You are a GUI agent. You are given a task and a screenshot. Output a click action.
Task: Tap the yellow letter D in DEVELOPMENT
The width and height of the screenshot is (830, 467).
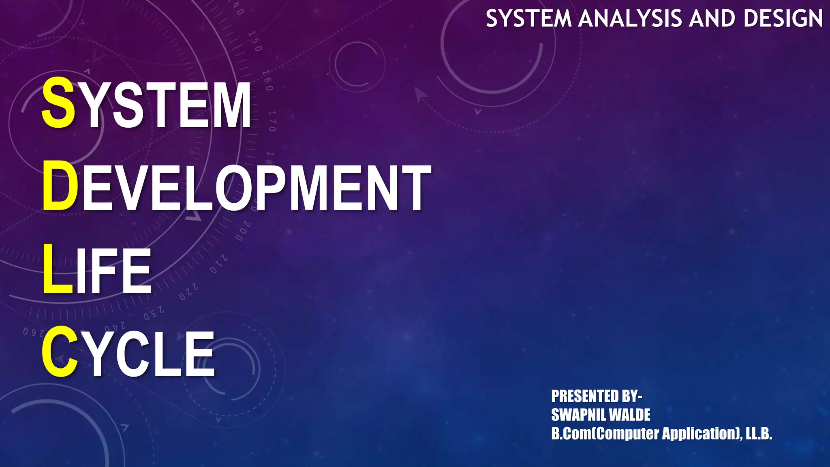60,186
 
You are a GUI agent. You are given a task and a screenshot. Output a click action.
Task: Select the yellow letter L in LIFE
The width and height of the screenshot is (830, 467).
57,269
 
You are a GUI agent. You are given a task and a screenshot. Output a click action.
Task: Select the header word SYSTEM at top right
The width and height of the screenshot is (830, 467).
528,19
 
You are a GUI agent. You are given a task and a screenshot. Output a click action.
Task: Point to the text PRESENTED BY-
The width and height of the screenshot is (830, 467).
597,396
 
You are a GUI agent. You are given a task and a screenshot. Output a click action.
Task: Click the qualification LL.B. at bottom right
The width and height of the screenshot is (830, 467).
759,433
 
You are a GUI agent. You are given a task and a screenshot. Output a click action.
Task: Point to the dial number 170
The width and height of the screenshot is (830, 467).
272,121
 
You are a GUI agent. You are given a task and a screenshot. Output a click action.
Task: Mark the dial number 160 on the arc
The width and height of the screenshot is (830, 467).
267,80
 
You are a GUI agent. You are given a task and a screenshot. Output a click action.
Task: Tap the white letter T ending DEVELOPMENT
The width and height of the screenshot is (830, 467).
415,188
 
